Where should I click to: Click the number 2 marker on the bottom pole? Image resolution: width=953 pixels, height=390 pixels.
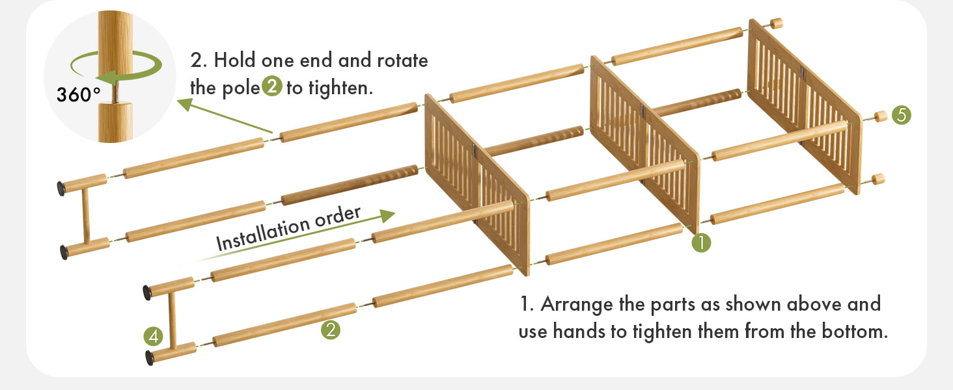(331, 330)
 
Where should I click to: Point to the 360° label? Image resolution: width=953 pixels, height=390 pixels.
(78, 95)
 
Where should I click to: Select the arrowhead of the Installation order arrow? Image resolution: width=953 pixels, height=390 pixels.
(388, 216)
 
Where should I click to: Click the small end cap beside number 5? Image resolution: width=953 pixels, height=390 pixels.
(881, 117)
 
